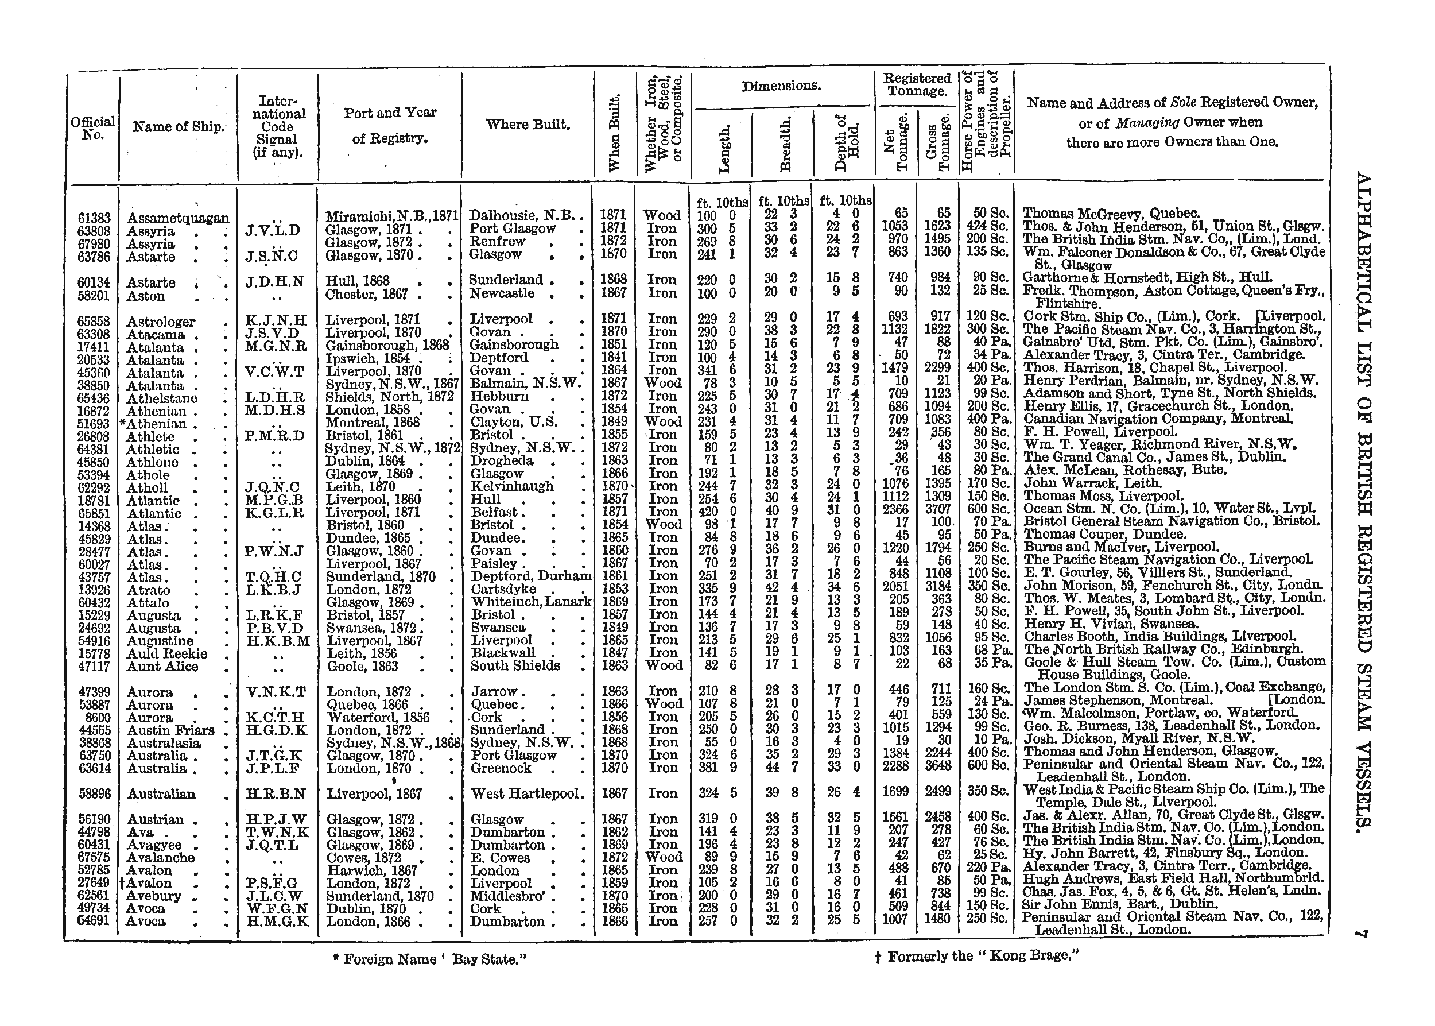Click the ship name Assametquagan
tap(177, 218)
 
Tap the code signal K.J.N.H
tap(276, 320)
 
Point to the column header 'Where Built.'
tap(528, 125)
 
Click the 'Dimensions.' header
tap(781, 86)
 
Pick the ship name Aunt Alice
tap(162, 667)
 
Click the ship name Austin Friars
tap(170, 730)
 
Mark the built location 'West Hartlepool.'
tap(528, 794)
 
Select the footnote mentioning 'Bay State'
tap(429, 959)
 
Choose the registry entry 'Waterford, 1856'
tap(378, 718)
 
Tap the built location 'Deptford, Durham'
tap(530, 576)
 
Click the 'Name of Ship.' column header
tap(179, 126)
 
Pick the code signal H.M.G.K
tap(277, 922)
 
